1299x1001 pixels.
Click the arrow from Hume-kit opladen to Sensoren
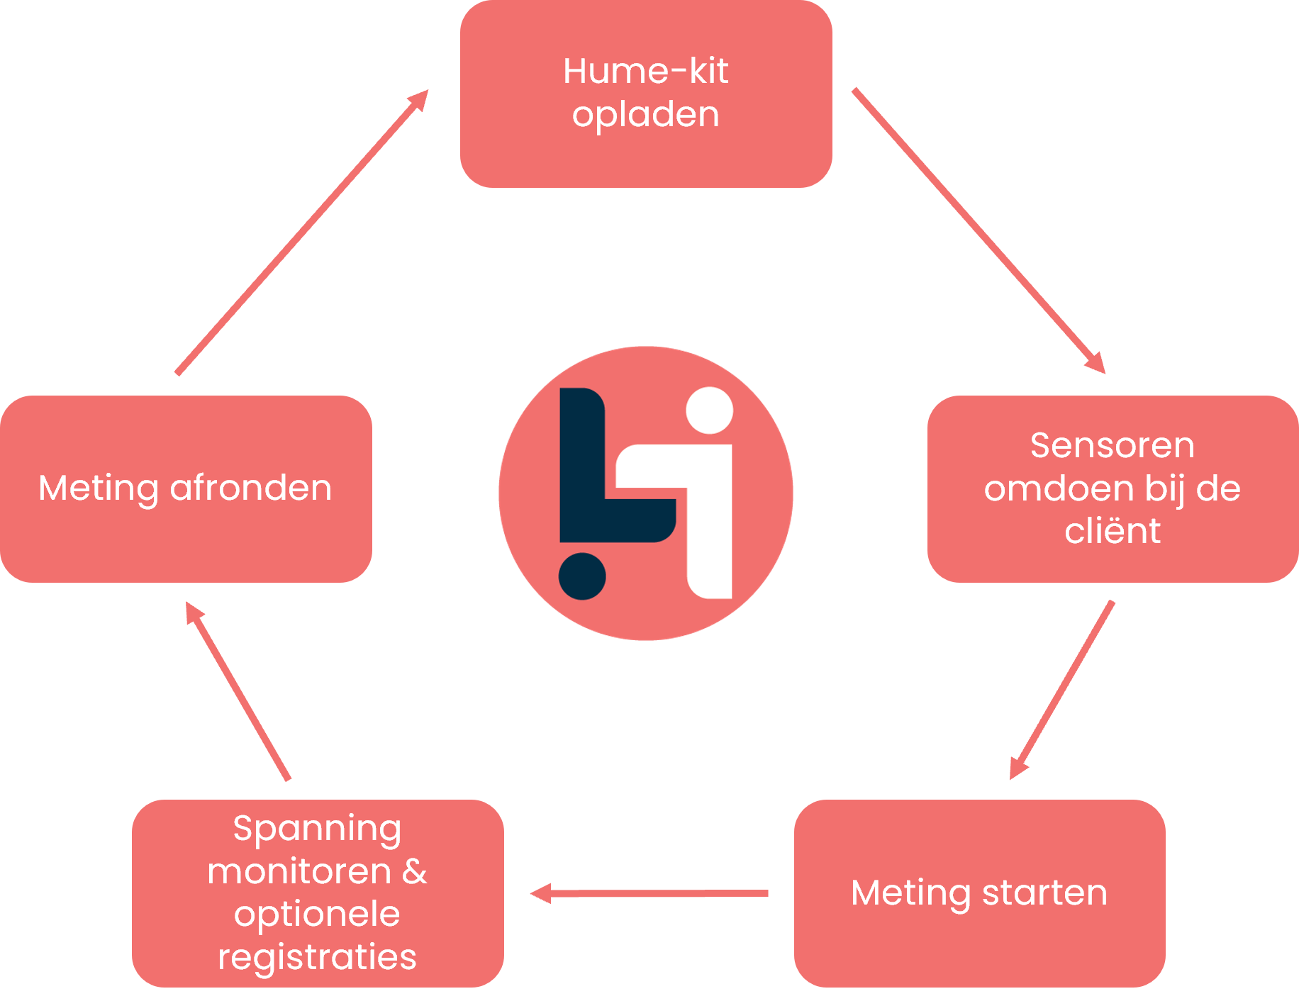point(979,230)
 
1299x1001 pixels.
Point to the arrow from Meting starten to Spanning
point(649,893)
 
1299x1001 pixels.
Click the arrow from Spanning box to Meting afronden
point(238,691)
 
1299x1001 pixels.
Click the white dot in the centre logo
point(710,410)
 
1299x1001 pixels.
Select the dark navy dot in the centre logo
point(582,576)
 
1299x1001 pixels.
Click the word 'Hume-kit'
point(645,71)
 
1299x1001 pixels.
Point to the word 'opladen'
point(645,115)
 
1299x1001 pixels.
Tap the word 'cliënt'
point(1112,531)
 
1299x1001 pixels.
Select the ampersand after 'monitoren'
point(415,871)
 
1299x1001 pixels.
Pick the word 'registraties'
point(317,958)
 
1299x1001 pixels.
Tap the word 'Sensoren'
point(1112,446)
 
